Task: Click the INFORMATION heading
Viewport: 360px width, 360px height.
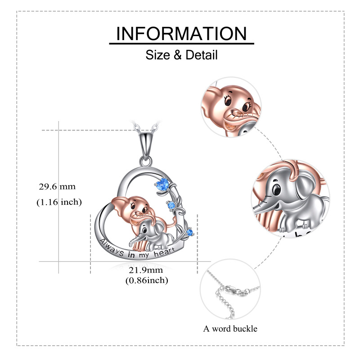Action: coord(181,34)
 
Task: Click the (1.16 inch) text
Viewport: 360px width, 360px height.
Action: coord(59,202)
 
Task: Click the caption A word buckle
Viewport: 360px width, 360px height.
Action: coord(230,328)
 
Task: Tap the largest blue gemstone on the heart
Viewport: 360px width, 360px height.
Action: coord(164,184)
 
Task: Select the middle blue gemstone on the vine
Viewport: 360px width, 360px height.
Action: coord(171,206)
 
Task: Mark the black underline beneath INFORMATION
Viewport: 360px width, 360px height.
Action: coord(181,44)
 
